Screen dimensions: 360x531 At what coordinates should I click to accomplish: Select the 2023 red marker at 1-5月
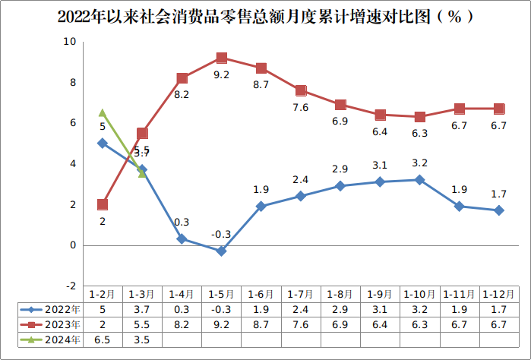pyautogui.click(x=221, y=58)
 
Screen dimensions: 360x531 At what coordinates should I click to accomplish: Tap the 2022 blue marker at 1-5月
pyautogui.click(x=221, y=251)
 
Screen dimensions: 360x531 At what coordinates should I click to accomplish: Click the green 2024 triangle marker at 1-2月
pyautogui.click(x=103, y=113)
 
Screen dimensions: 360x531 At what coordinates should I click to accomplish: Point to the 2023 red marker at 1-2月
pyautogui.click(x=103, y=204)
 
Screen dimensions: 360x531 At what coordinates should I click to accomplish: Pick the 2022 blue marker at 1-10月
pyautogui.click(x=419, y=180)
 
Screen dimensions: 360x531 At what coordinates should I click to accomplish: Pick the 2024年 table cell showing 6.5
pyautogui.click(x=103, y=339)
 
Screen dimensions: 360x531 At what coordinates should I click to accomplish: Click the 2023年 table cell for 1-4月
pyautogui.click(x=182, y=324)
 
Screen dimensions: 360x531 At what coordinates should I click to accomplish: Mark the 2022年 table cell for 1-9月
pyautogui.click(x=380, y=310)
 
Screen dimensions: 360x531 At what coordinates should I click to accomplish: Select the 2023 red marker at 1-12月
pyautogui.click(x=499, y=109)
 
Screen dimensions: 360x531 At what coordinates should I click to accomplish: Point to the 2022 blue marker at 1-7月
pyautogui.click(x=301, y=196)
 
